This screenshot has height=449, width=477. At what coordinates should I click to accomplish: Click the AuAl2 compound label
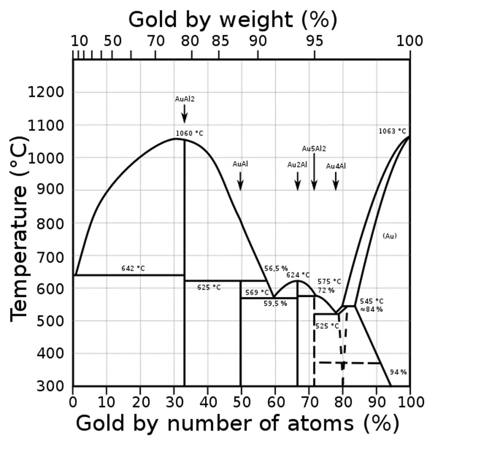click(184, 99)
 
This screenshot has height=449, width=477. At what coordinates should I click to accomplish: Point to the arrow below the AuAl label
click(240, 181)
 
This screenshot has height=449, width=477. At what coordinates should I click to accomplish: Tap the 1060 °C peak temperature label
click(190, 134)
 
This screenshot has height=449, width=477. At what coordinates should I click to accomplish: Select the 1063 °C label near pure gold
click(392, 131)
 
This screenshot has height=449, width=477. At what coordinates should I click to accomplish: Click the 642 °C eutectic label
click(133, 269)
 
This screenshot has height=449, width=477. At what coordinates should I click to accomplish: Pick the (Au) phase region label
click(389, 236)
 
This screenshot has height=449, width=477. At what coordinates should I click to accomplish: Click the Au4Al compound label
click(336, 166)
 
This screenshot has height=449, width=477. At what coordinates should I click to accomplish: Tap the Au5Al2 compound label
click(314, 148)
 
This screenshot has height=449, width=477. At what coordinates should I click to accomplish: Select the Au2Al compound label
click(298, 165)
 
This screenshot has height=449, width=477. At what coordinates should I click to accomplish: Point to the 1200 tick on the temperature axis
click(47, 92)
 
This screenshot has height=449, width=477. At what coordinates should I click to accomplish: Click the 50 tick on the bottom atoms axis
click(241, 400)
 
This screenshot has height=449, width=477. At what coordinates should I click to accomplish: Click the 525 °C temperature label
click(327, 326)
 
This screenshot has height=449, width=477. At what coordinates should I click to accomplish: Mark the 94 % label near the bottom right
click(398, 372)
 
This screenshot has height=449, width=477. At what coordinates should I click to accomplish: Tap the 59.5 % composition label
click(275, 304)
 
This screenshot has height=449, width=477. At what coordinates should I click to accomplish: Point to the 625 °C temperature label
click(209, 287)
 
